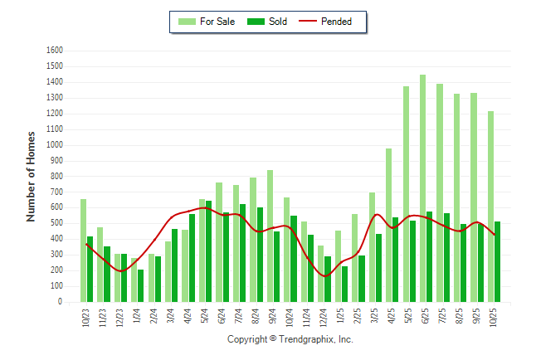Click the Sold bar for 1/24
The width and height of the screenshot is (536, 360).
(141, 285)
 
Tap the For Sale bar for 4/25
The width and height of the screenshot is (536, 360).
(388, 225)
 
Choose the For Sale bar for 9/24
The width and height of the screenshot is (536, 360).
(270, 236)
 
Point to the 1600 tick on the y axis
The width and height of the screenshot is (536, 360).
(55, 51)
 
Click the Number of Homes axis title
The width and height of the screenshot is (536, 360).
(31, 176)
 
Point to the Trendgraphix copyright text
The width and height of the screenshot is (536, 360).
(290, 339)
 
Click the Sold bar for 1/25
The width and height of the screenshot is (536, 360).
(344, 284)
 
